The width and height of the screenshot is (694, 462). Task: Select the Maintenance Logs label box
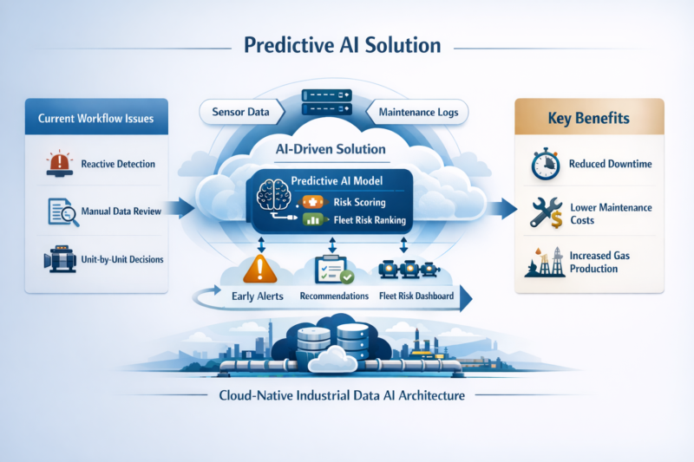pos(417,113)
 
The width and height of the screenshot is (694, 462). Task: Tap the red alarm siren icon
pos(59,164)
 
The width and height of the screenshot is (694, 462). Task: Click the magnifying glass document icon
pos(63,211)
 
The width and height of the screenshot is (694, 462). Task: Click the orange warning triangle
pos(259,269)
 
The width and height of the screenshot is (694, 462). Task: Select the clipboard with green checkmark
pos(334,270)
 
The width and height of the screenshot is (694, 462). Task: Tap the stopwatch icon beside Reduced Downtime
pos(546,164)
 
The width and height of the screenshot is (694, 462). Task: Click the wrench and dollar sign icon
pos(547,212)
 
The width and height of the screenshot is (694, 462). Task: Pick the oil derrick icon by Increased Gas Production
pos(545,262)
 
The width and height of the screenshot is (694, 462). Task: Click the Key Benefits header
pos(589,117)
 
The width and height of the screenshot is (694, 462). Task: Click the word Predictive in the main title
pos(289,46)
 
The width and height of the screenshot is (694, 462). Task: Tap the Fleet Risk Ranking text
pos(370,219)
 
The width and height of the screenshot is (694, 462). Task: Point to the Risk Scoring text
pos(359,202)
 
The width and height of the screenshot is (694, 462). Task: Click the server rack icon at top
pos(327,102)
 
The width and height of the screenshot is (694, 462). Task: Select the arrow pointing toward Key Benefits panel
pos(502,208)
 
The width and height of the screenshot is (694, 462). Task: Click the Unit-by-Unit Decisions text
pos(122,259)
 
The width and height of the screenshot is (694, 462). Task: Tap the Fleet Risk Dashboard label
pos(416,296)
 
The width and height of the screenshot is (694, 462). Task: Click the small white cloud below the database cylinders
pos(332,360)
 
